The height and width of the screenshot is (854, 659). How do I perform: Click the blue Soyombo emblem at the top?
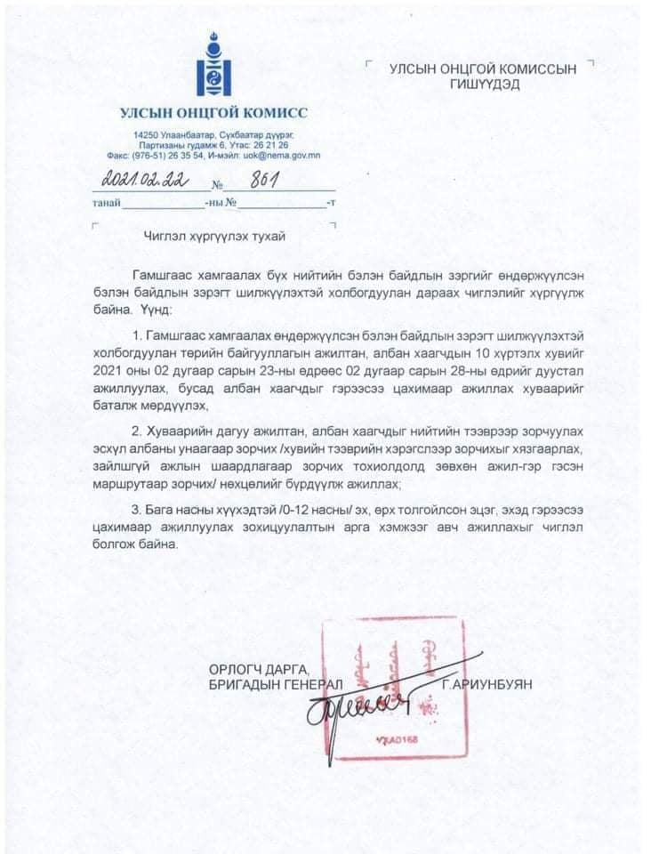(213, 64)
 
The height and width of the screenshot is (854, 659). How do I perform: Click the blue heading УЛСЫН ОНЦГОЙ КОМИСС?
(213, 113)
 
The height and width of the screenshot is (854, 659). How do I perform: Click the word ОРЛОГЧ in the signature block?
(226, 668)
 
